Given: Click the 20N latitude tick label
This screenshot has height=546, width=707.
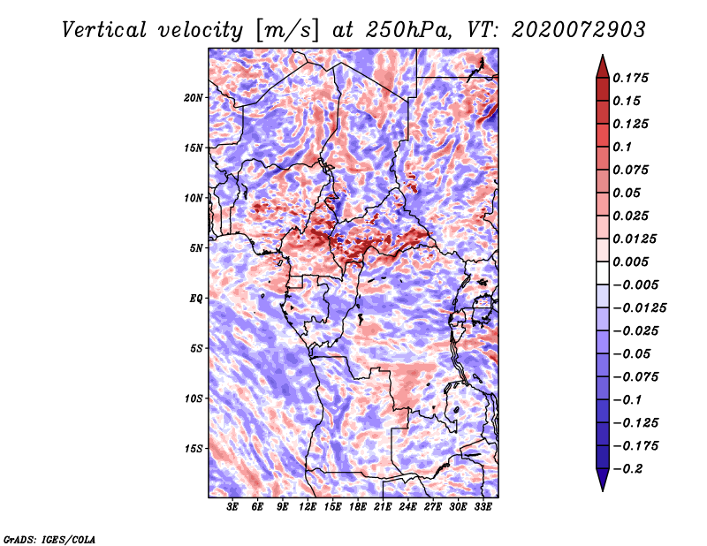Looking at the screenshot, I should (194, 97).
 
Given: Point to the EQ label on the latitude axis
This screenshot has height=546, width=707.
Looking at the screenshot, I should (196, 298).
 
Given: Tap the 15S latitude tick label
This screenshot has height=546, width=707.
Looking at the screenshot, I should (194, 448).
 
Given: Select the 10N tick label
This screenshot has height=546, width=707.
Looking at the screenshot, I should (194, 197).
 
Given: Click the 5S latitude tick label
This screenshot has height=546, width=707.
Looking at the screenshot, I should (196, 348).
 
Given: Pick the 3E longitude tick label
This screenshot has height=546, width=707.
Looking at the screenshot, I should (233, 508).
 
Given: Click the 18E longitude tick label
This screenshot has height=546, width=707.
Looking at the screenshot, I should (358, 508).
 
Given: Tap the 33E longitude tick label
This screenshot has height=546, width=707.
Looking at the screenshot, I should (483, 508).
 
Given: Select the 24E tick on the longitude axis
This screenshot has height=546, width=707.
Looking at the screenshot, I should (408, 508).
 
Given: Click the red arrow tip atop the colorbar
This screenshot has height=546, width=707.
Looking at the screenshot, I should (602, 60).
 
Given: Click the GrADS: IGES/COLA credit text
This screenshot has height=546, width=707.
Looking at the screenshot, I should (49, 538).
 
